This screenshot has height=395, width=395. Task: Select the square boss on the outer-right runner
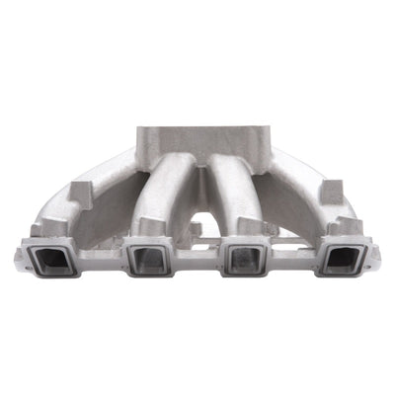330,190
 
